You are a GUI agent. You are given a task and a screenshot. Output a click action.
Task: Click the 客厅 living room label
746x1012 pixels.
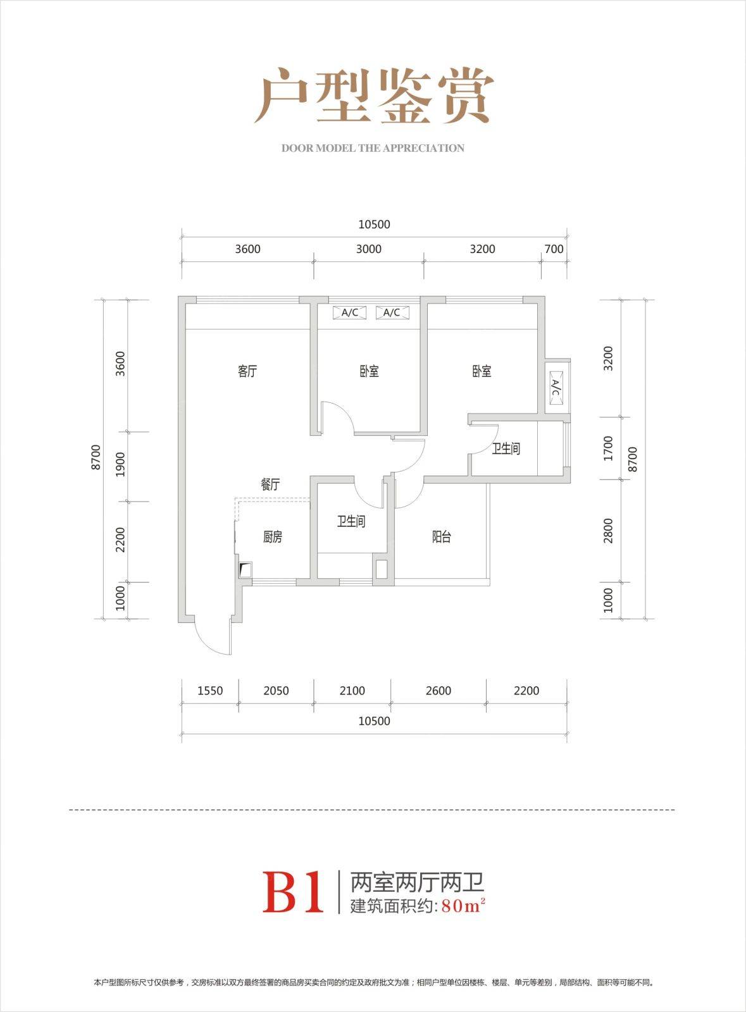point(247,371)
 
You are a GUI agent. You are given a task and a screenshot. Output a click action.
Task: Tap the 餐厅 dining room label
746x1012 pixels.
point(270,484)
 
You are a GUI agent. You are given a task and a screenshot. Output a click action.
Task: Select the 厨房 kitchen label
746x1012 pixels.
point(273,537)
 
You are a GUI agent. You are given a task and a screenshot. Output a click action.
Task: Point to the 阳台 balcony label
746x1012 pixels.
point(442,537)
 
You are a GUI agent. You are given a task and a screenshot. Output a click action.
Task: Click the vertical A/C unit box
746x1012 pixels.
point(556,387)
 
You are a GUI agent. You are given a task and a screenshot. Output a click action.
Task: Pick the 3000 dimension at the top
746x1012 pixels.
point(369,249)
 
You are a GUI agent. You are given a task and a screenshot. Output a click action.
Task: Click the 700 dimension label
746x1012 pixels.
point(554,249)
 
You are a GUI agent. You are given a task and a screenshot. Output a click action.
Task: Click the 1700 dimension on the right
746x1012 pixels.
point(609,448)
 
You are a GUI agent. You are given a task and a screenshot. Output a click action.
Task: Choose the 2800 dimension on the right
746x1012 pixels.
point(609,531)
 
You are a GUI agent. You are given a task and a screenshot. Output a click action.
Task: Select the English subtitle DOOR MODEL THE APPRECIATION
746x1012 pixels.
point(373,148)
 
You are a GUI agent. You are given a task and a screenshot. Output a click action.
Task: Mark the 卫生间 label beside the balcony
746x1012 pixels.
point(351,522)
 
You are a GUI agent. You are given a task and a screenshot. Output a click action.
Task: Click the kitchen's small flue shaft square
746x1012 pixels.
point(246,570)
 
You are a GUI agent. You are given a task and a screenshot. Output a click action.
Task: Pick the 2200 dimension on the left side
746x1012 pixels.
point(120,540)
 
